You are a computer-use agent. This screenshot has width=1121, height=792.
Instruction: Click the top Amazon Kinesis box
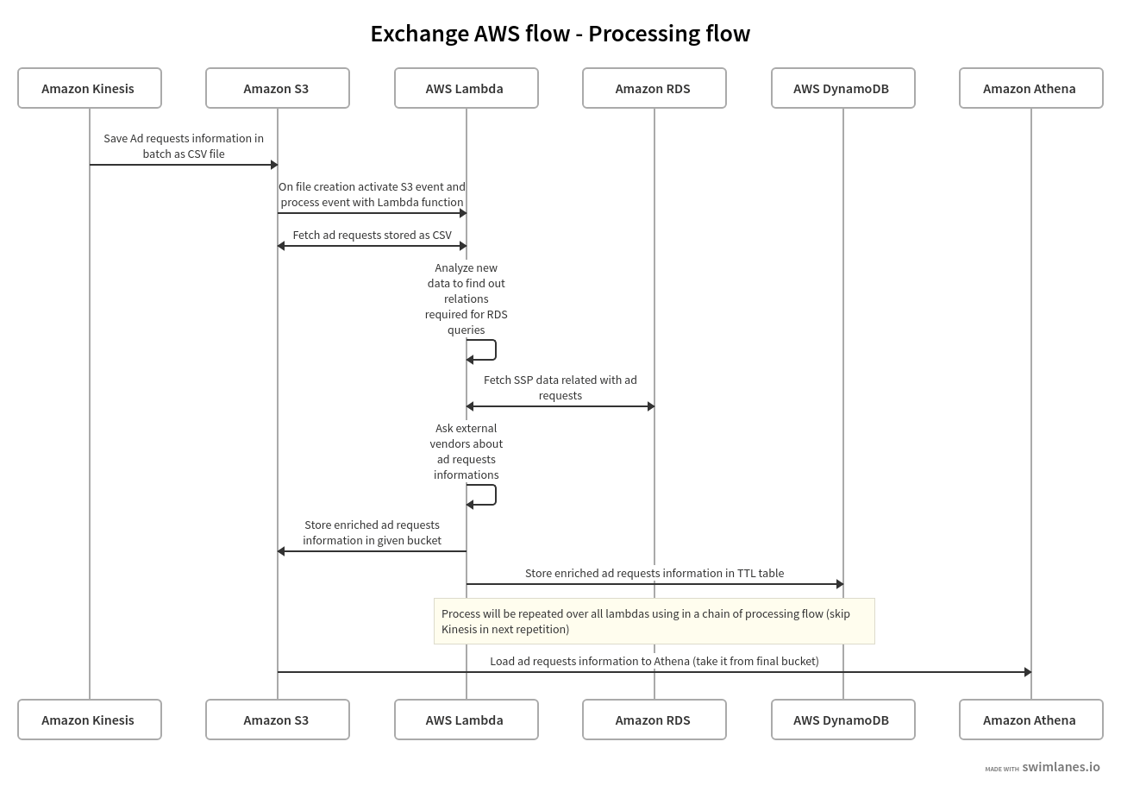point(89,88)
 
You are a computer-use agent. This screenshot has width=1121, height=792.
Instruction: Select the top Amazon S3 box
point(277,88)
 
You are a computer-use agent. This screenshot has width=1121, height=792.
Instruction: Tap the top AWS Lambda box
point(466,88)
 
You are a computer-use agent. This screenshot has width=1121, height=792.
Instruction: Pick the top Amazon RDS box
point(654,88)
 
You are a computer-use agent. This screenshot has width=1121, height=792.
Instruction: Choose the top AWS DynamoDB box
point(842,88)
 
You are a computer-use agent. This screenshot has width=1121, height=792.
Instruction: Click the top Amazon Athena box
point(1030,88)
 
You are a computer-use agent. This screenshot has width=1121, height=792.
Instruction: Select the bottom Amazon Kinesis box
point(89,720)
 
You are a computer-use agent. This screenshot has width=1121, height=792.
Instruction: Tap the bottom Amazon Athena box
point(1030,720)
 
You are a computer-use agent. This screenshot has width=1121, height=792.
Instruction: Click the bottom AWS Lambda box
point(466,720)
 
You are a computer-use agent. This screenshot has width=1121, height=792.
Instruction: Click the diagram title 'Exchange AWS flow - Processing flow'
point(560,34)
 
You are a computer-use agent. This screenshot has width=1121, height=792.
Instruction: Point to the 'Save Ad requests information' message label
point(184,146)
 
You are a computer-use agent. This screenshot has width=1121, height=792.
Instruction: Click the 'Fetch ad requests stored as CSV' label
point(372,235)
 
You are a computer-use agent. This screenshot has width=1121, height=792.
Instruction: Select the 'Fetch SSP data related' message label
point(560,387)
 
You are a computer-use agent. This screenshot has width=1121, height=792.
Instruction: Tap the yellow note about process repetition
point(654,621)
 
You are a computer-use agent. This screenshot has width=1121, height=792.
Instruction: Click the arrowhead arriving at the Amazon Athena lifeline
point(1027,672)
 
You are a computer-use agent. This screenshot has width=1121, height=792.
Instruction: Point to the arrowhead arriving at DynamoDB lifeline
point(839,584)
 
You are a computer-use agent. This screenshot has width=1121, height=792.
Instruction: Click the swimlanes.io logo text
point(1061,767)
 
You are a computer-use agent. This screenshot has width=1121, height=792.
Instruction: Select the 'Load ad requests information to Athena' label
point(654,661)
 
